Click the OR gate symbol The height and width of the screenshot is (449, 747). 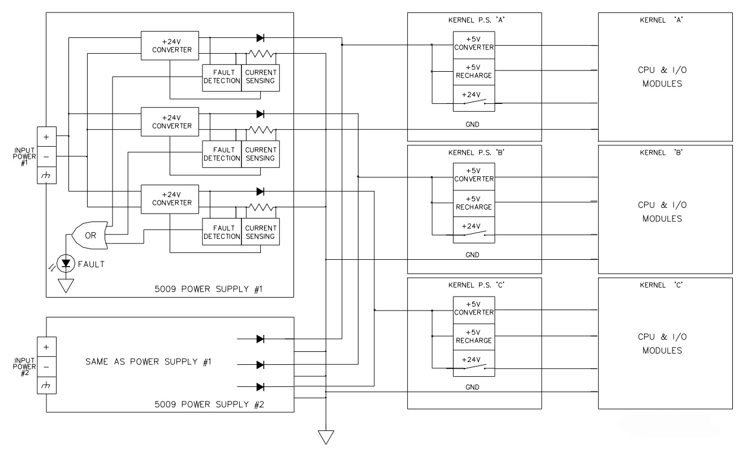point(90,235)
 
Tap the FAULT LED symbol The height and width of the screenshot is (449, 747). point(66,264)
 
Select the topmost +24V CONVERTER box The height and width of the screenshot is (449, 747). point(170,46)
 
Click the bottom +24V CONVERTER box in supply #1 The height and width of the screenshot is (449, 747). point(170,199)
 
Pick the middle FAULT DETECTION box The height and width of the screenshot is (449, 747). point(222,154)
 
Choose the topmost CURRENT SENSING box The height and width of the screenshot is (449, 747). point(261,77)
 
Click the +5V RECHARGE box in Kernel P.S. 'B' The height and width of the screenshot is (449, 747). point(473,203)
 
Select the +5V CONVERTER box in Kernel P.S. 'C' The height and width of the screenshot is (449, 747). point(473,309)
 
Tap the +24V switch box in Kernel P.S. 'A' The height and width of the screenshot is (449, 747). point(473,99)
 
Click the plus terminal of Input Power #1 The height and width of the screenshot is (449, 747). point(46,137)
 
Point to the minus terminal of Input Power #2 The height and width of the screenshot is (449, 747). point(46,367)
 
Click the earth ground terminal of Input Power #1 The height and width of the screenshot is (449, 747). point(46,175)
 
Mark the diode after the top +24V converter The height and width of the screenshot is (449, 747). point(261,38)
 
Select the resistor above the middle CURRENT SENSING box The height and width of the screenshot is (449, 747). point(261,129)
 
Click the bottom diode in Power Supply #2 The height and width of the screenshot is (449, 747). point(261,387)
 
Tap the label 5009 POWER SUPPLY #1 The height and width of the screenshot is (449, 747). point(209,289)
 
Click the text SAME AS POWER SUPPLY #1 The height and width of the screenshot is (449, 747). point(148,361)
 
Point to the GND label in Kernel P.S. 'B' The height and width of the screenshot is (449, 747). point(472,255)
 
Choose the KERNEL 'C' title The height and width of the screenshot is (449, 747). point(661,285)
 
